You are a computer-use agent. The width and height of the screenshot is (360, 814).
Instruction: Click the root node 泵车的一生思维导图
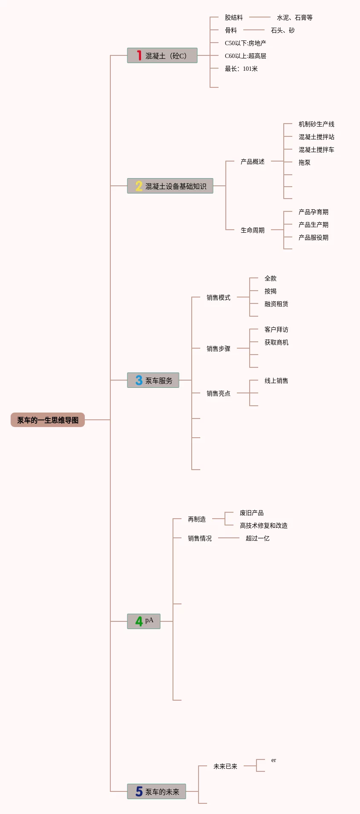coord(48,420)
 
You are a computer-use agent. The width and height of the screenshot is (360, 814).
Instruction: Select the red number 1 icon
coord(139,55)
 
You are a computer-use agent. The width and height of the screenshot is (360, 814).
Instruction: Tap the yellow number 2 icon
coord(139,186)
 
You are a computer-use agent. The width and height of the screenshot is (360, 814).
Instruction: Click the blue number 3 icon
coord(139,380)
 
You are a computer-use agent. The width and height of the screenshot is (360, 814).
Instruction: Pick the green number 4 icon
coord(139,621)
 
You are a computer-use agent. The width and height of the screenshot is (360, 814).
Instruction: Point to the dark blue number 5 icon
coord(139,791)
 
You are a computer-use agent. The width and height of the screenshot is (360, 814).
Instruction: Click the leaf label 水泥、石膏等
coord(294,17)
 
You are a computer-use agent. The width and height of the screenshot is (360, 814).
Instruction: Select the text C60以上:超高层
coord(245,56)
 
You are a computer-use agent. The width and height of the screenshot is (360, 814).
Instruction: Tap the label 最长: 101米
coord(241,69)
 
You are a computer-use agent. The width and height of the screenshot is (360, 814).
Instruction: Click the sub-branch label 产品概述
coord(252,162)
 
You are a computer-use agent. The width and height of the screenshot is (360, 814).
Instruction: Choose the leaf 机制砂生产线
coord(316,124)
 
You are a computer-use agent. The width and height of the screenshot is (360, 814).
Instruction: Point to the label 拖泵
coord(304,162)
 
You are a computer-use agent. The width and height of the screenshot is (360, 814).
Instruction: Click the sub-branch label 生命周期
coord(252,230)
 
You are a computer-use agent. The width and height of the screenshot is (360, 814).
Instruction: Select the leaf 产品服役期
coord(313,237)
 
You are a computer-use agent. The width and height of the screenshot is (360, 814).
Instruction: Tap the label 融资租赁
coord(276,304)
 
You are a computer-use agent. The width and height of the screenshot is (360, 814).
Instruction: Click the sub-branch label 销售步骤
coord(218,349)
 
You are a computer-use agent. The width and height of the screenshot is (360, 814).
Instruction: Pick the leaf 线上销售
coord(276,381)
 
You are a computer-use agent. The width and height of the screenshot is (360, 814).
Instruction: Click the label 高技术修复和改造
coord(263,525)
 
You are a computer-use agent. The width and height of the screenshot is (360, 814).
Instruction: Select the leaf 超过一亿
coord(257,538)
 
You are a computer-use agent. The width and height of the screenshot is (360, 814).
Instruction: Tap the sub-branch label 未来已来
coord(225,766)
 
